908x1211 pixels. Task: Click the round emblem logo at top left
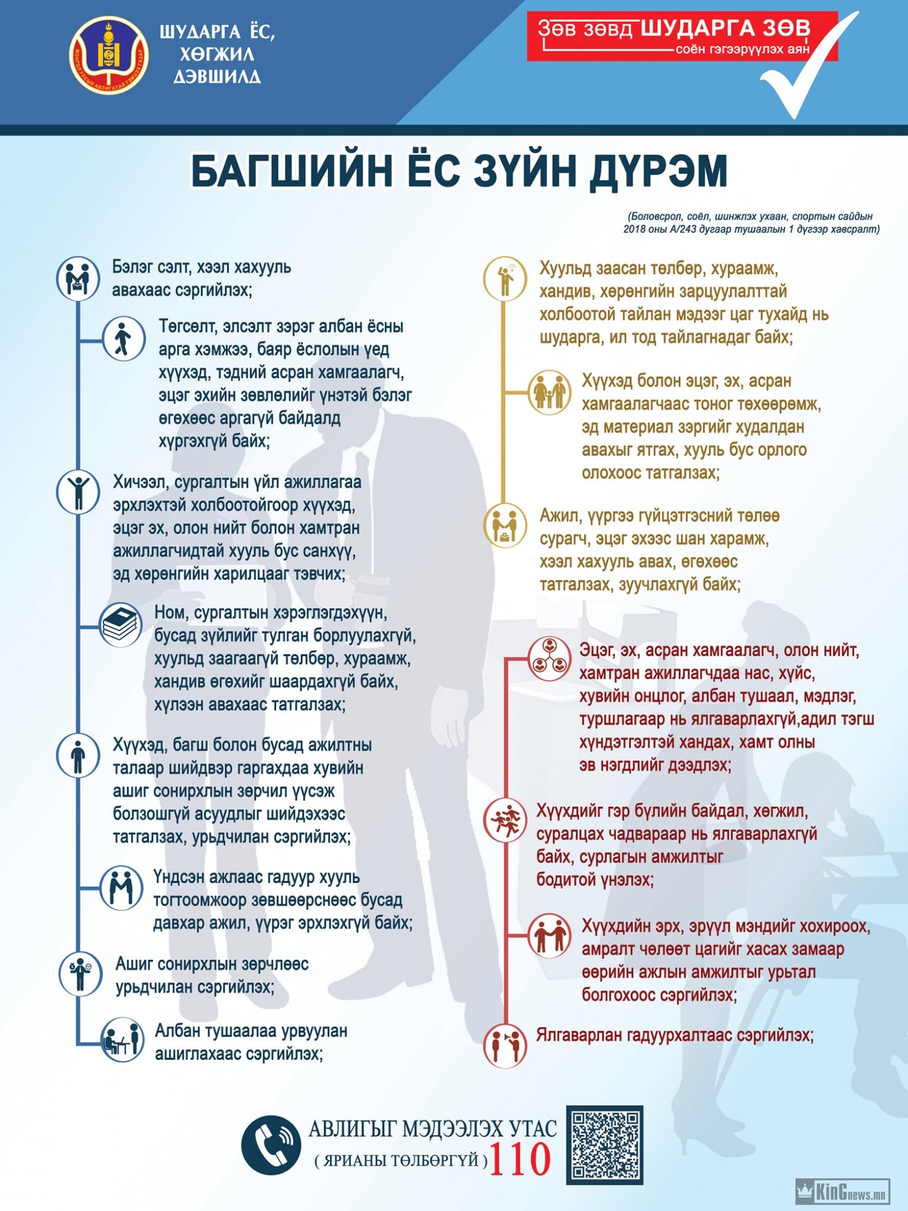click(x=109, y=55)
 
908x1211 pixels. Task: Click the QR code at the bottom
click(x=605, y=1145)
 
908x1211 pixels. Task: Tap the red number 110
click(x=520, y=1160)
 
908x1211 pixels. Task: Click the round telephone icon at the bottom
click(x=271, y=1145)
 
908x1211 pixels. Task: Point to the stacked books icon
click(x=120, y=625)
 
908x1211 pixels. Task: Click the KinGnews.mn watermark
click(x=843, y=1192)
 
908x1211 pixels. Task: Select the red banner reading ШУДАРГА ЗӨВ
click(x=682, y=36)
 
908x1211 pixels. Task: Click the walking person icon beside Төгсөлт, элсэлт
click(x=123, y=338)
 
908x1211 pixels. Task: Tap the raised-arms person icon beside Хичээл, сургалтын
click(x=78, y=492)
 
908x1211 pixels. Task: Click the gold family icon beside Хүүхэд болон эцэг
click(x=550, y=392)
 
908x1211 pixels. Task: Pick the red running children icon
click(x=505, y=820)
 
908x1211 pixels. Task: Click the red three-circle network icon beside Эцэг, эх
click(x=550, y=658)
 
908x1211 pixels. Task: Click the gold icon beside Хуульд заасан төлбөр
click(x=505, y=279)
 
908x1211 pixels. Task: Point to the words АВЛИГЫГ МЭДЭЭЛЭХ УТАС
click(x=433, y=1129)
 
